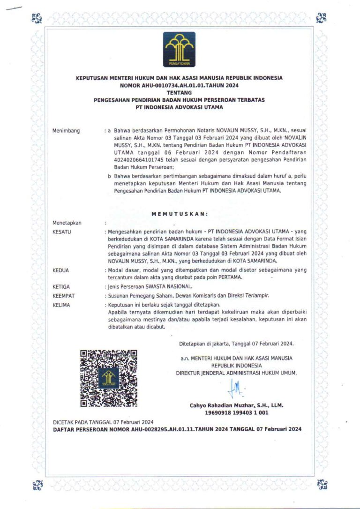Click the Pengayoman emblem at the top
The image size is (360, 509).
(179, 49)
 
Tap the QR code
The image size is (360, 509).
(109, 378)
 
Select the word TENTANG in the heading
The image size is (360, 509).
(179, 92)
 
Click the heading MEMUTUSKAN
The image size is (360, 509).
(180, 214)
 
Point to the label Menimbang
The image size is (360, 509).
(66, 130)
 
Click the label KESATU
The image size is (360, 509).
(62, 232)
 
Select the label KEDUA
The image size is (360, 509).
(61, 270)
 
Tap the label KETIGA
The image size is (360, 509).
(62, 286)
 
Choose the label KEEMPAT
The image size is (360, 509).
(64, 296)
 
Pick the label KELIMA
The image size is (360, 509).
(62, 305)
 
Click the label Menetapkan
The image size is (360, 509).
(67, 223)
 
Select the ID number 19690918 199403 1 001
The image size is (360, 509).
(236, 412)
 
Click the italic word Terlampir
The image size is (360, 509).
(256, 296)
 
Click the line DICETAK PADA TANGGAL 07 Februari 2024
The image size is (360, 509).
(103, 422)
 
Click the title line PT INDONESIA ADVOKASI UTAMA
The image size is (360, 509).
(179, 107)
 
